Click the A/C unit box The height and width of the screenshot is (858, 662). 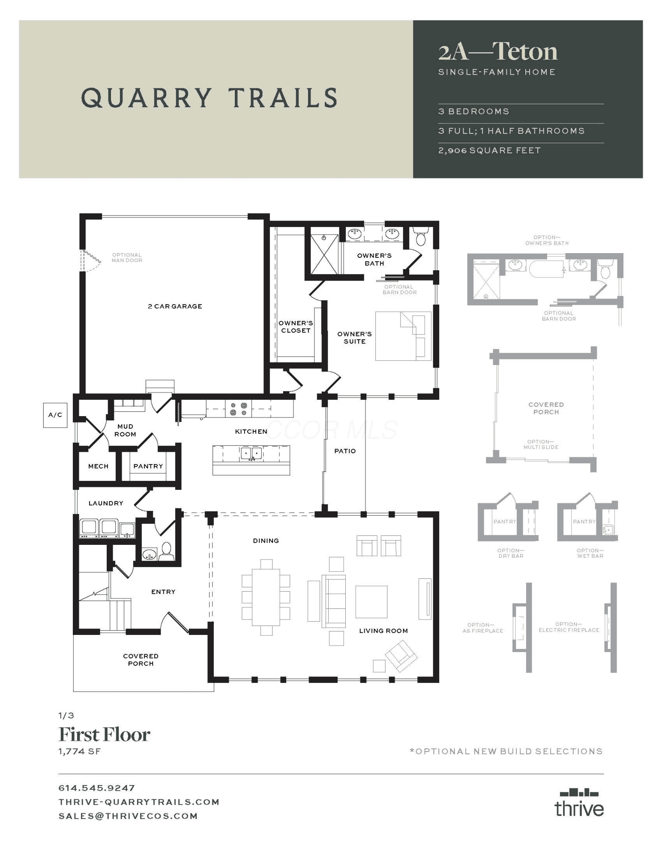[55, 415]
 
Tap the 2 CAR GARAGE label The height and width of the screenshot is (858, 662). [175, 306]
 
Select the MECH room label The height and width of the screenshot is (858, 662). [98, 466]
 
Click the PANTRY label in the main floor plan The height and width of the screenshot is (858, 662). [148, 466]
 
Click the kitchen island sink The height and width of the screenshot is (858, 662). [252, 453]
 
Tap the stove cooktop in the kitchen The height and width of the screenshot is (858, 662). [239, 409]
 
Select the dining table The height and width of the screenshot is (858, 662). [266, 597]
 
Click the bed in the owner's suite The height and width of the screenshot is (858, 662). [403, 336]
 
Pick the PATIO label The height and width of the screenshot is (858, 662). [345, 451]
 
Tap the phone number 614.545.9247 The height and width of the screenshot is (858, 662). [97, 788]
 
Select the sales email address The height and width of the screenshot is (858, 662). [128, 816]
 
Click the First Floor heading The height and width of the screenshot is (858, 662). [104, 734]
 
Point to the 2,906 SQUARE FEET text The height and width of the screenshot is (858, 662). [489, 151]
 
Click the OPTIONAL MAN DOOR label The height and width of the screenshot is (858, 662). [127, 257]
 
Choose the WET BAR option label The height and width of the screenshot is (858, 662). [590, 553]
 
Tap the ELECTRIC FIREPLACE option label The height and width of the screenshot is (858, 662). [569, 627]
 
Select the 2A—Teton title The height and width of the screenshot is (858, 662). [498, 52]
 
